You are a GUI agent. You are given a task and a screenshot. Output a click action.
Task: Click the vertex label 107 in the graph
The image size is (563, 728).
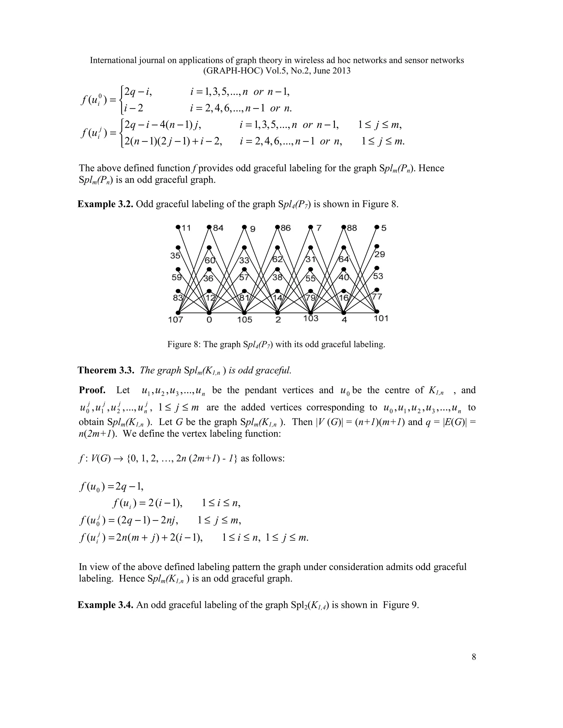[175, 320]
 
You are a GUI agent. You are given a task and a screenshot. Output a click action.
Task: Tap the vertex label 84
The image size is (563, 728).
[218, 228]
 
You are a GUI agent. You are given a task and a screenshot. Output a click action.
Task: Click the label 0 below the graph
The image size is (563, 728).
[209, 320]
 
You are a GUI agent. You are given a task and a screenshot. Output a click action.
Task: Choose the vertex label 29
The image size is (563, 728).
[380, 254]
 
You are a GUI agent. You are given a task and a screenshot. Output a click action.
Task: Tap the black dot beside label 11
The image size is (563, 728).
[178, 227]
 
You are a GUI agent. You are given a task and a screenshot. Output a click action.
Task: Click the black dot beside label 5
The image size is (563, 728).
[377, 227]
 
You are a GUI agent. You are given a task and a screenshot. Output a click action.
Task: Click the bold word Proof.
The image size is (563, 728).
[92, 390]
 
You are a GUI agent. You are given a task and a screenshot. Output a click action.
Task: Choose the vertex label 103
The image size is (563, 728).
[311, 318]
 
